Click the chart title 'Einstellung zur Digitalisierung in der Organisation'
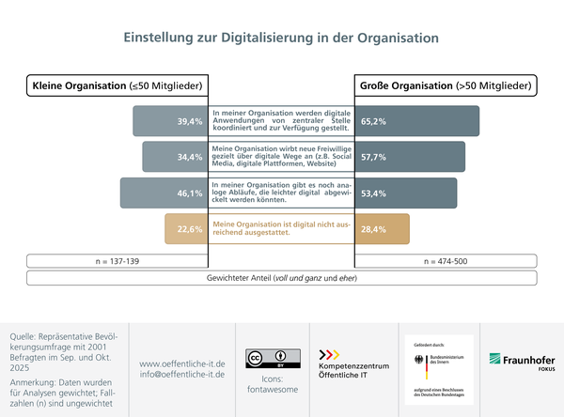click(x=282, y=39)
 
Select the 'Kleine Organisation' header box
click(x=117, y=86)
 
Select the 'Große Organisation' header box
click(x=446, y=86)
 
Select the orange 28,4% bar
click(x=382, y=229)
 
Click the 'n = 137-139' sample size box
click(x=117, y=260)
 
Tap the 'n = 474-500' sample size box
click(x=446, y=260)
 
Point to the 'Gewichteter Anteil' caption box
click(x=282, y=278)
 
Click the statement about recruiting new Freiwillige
click(x=281, y=157)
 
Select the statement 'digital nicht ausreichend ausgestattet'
click(x=281, y=229)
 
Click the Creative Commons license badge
click(x=266, y=357)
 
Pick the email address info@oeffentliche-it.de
click(x=182, y=374)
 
